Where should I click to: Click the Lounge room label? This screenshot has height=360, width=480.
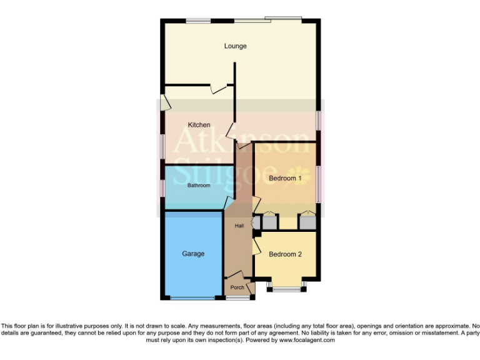click(236, 46)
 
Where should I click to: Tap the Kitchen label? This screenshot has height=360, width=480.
click(199, 125)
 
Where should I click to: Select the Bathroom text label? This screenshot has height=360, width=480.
click(199, 186)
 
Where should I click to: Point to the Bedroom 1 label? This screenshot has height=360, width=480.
click(285, 179)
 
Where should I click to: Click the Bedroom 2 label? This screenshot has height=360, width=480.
click(285, 254)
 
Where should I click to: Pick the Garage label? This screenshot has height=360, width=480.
click(193, 254)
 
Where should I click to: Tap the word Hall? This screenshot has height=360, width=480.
click(239, 226)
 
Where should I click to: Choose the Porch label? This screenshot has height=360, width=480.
click(237, 287)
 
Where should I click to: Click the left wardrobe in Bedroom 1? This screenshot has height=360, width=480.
click(269, 221)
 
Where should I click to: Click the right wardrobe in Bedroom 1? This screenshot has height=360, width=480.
click(307, 221)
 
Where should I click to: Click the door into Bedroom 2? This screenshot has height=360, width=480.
click(256, 246)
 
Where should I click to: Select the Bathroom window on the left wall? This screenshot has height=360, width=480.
click(162, 187)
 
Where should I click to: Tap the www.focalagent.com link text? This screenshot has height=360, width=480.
click(307, 341)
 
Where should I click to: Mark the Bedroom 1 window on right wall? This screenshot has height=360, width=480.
click(317, 184)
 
